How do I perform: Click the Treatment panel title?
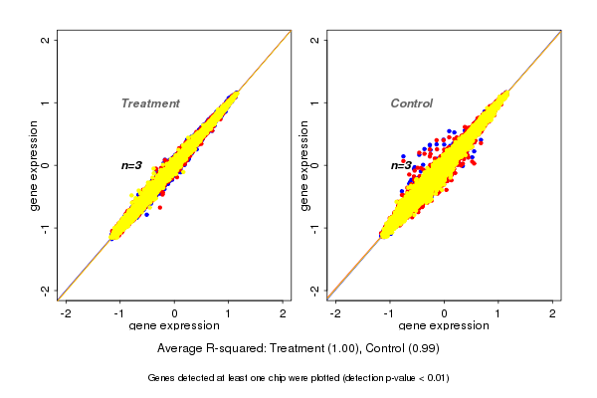pos(150,103)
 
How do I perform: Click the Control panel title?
pos(412,103)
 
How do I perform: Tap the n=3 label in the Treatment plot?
pos(132,165)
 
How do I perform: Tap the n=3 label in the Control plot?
pos(401,165)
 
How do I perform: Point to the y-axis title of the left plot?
pos(36,165)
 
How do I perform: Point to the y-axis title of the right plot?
pos(305,165)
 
